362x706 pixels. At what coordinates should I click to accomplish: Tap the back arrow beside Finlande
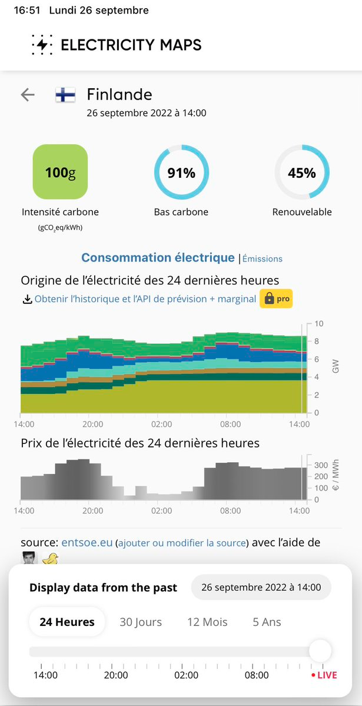[x=28, y=95]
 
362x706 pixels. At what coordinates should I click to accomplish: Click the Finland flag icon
[x=65, y=95]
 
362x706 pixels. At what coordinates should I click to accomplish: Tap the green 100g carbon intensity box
[x=60, y=172]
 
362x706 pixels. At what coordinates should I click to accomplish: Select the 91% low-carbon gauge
[x=181, y=173]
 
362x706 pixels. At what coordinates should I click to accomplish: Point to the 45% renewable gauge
[x=302, y=173]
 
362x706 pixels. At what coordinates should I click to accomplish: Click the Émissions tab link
[x=263, y=258]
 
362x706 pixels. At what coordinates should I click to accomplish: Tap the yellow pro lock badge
[x=276, y=299]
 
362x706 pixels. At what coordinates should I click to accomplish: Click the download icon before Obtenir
[x=27, y=299]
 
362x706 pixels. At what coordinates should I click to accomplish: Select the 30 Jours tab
[x=141, y=622]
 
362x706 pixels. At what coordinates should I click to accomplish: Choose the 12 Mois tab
[x=207, y=622]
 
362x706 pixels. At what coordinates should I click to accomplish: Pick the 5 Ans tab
[x=267, y=622]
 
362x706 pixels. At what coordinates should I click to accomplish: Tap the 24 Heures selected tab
[x=67, y=622]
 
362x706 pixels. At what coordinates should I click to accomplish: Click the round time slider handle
[x=320, y=651]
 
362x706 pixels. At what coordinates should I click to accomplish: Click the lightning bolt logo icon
[x=42, y=45]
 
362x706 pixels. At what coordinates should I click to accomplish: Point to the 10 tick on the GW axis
[x=318, y=324]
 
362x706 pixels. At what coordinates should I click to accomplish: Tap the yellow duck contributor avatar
[x=50, y=559]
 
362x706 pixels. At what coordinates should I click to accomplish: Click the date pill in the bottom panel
[x=261, y=587]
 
